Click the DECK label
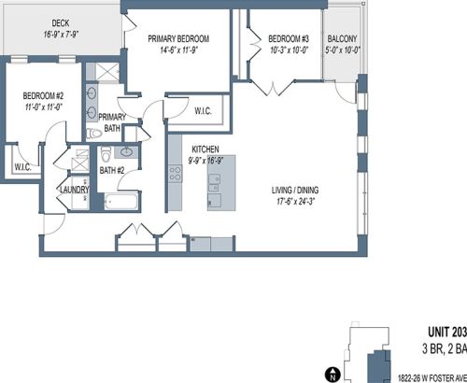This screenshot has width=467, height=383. click(61, 23)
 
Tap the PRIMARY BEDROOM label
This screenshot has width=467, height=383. click(178, 39)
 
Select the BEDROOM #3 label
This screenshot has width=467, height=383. click(289, 39)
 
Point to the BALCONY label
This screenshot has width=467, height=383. click(342, 39)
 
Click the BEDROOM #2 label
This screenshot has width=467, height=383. click(43, 95)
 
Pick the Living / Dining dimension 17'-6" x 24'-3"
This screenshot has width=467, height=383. click(295, 202)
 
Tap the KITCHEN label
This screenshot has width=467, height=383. click(205, 149)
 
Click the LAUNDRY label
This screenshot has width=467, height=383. click(75, 190)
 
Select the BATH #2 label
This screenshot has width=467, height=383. click(112, 170)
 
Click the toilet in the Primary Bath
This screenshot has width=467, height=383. click(94, 134)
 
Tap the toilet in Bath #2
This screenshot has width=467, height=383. click(106, 154)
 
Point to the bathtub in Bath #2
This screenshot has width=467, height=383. click(120, 201)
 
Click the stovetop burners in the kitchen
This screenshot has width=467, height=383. click(175, 174)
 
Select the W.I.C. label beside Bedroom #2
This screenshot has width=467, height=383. click(22, 167)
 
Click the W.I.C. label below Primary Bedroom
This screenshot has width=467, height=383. click(203, 111)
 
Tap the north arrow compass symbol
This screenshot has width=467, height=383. click(333, 375)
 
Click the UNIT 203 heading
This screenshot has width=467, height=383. click(447, 332)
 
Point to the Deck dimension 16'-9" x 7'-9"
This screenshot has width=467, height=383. click(61, 35)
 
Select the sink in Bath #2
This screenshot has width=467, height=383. click(126, 152)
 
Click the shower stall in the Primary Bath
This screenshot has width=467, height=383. click(107, 72)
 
